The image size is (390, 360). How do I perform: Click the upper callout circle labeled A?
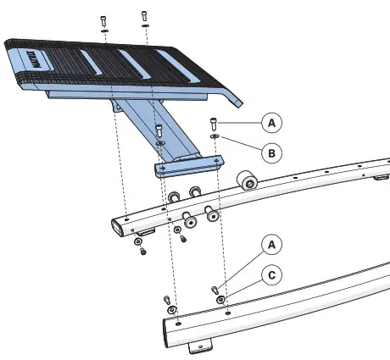coord(270,123)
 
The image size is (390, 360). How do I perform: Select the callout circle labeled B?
coord(270,154)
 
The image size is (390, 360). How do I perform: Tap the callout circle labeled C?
coord(270,274)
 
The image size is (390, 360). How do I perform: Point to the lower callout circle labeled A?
coord(270,245)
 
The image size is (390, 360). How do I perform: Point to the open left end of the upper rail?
coord(117,224)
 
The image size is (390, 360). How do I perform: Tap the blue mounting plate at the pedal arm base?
coord(186,164)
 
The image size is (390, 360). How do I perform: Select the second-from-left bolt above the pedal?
coord(144,16)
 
